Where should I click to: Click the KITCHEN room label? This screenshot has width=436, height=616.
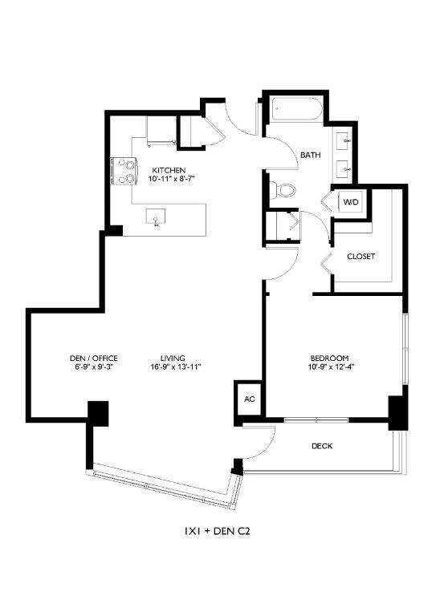[x=169, y=170]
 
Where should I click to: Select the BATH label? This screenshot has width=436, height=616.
[x=310, y=155]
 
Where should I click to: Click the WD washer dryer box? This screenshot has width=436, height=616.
[x=351, y=202]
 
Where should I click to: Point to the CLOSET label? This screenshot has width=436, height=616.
[x=361, y=257]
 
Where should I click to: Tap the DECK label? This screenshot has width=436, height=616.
[x=321, y=446]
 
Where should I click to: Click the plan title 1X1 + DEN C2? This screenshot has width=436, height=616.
[x=219, y=530]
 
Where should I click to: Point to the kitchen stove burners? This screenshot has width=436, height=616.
[x=127, y=170]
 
